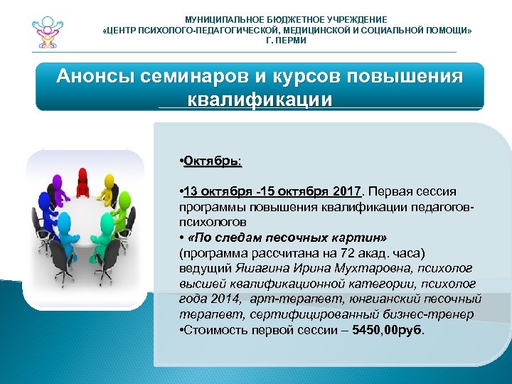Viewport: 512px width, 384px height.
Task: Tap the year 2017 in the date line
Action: (347, 192)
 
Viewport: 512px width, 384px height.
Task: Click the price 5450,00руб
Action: (388, 331)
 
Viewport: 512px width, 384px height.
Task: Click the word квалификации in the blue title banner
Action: (260, 98)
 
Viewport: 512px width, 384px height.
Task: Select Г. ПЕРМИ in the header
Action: (285, 41)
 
